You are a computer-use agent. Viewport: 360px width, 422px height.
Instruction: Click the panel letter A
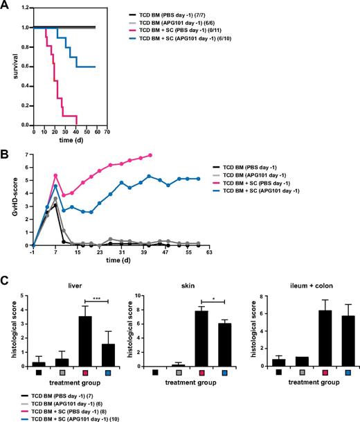[x=6, y=6]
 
